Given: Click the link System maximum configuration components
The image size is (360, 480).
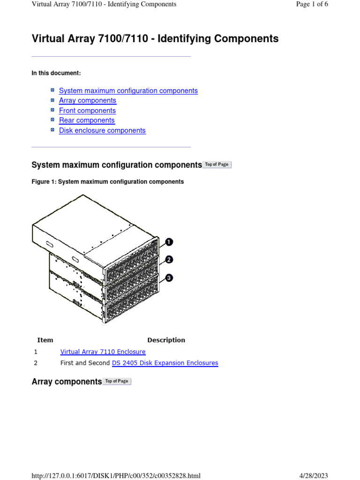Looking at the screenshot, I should coord(128,90).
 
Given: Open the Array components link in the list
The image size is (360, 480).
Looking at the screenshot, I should coord(87,100).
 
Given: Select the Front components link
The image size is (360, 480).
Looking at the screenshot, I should coord(87,111).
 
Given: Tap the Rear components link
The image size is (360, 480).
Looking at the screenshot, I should coord(87,120).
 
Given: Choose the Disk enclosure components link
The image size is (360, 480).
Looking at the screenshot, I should coord(102,130).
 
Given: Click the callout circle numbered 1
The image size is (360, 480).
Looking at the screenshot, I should coord(169,242).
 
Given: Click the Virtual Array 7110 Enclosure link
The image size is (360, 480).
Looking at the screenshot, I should coord(103,352).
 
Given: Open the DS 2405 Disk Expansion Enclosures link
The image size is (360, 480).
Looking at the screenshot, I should coord(165,363).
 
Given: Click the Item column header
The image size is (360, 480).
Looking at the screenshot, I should coord(45,340).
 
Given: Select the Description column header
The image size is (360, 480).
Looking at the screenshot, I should coord(166,340).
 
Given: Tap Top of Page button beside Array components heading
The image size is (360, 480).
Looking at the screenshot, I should coord(117,382).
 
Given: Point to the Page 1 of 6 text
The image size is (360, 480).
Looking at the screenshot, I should coord(312,4).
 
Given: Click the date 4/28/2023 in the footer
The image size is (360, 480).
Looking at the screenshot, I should coord(314,476).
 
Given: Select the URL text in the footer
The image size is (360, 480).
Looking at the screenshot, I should coord(116,476).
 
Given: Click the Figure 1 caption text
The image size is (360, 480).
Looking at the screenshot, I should coord(107,181).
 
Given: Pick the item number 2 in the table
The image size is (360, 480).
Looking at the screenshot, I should coord(36,363).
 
